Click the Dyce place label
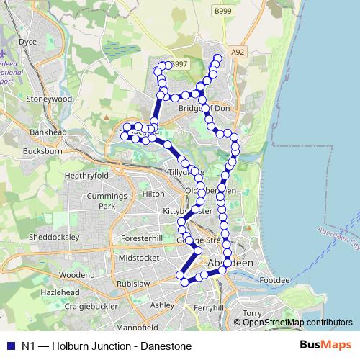[x=28, y=63]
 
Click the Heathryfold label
[x=86, y=175]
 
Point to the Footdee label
[x=274, y=279]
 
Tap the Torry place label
[x=253, y=313]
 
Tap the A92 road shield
[x=238, y=52]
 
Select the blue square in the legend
[x=9, y=346]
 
